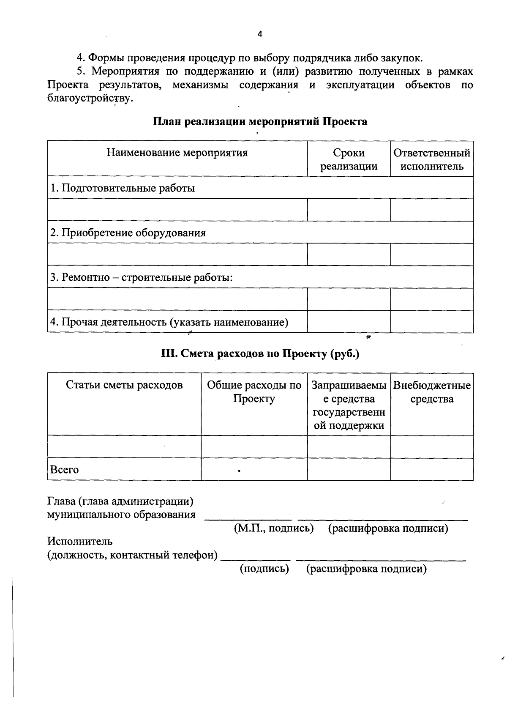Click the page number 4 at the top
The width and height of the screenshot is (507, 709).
point(260,35)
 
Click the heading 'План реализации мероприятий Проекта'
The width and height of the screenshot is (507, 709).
point(260,122)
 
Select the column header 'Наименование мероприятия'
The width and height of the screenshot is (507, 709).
point(177,153)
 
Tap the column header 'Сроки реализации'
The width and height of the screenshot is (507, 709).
point(349,159)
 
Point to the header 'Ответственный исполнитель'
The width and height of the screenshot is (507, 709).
point(432,159)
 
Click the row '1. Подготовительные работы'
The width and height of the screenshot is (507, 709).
point(123,188)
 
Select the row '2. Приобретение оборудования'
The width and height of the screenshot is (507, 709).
point(128,233)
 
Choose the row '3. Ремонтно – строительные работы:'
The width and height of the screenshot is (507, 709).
point(142,278)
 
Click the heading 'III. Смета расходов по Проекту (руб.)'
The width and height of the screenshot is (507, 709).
point(260,353)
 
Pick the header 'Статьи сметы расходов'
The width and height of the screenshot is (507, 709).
point(124,385)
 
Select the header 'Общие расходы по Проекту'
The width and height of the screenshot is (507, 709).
point(254,392)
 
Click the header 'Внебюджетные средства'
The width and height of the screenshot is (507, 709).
point(432,392)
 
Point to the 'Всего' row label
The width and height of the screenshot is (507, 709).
point(64,470)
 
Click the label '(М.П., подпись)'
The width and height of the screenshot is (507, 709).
point(273,528)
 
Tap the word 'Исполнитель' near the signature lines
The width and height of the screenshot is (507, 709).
point(80,541)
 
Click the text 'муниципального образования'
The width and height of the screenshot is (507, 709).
point(121,515)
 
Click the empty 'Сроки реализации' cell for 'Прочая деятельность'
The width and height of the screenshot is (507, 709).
point(349,322)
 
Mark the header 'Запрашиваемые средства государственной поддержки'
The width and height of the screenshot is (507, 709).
point(349,405)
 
